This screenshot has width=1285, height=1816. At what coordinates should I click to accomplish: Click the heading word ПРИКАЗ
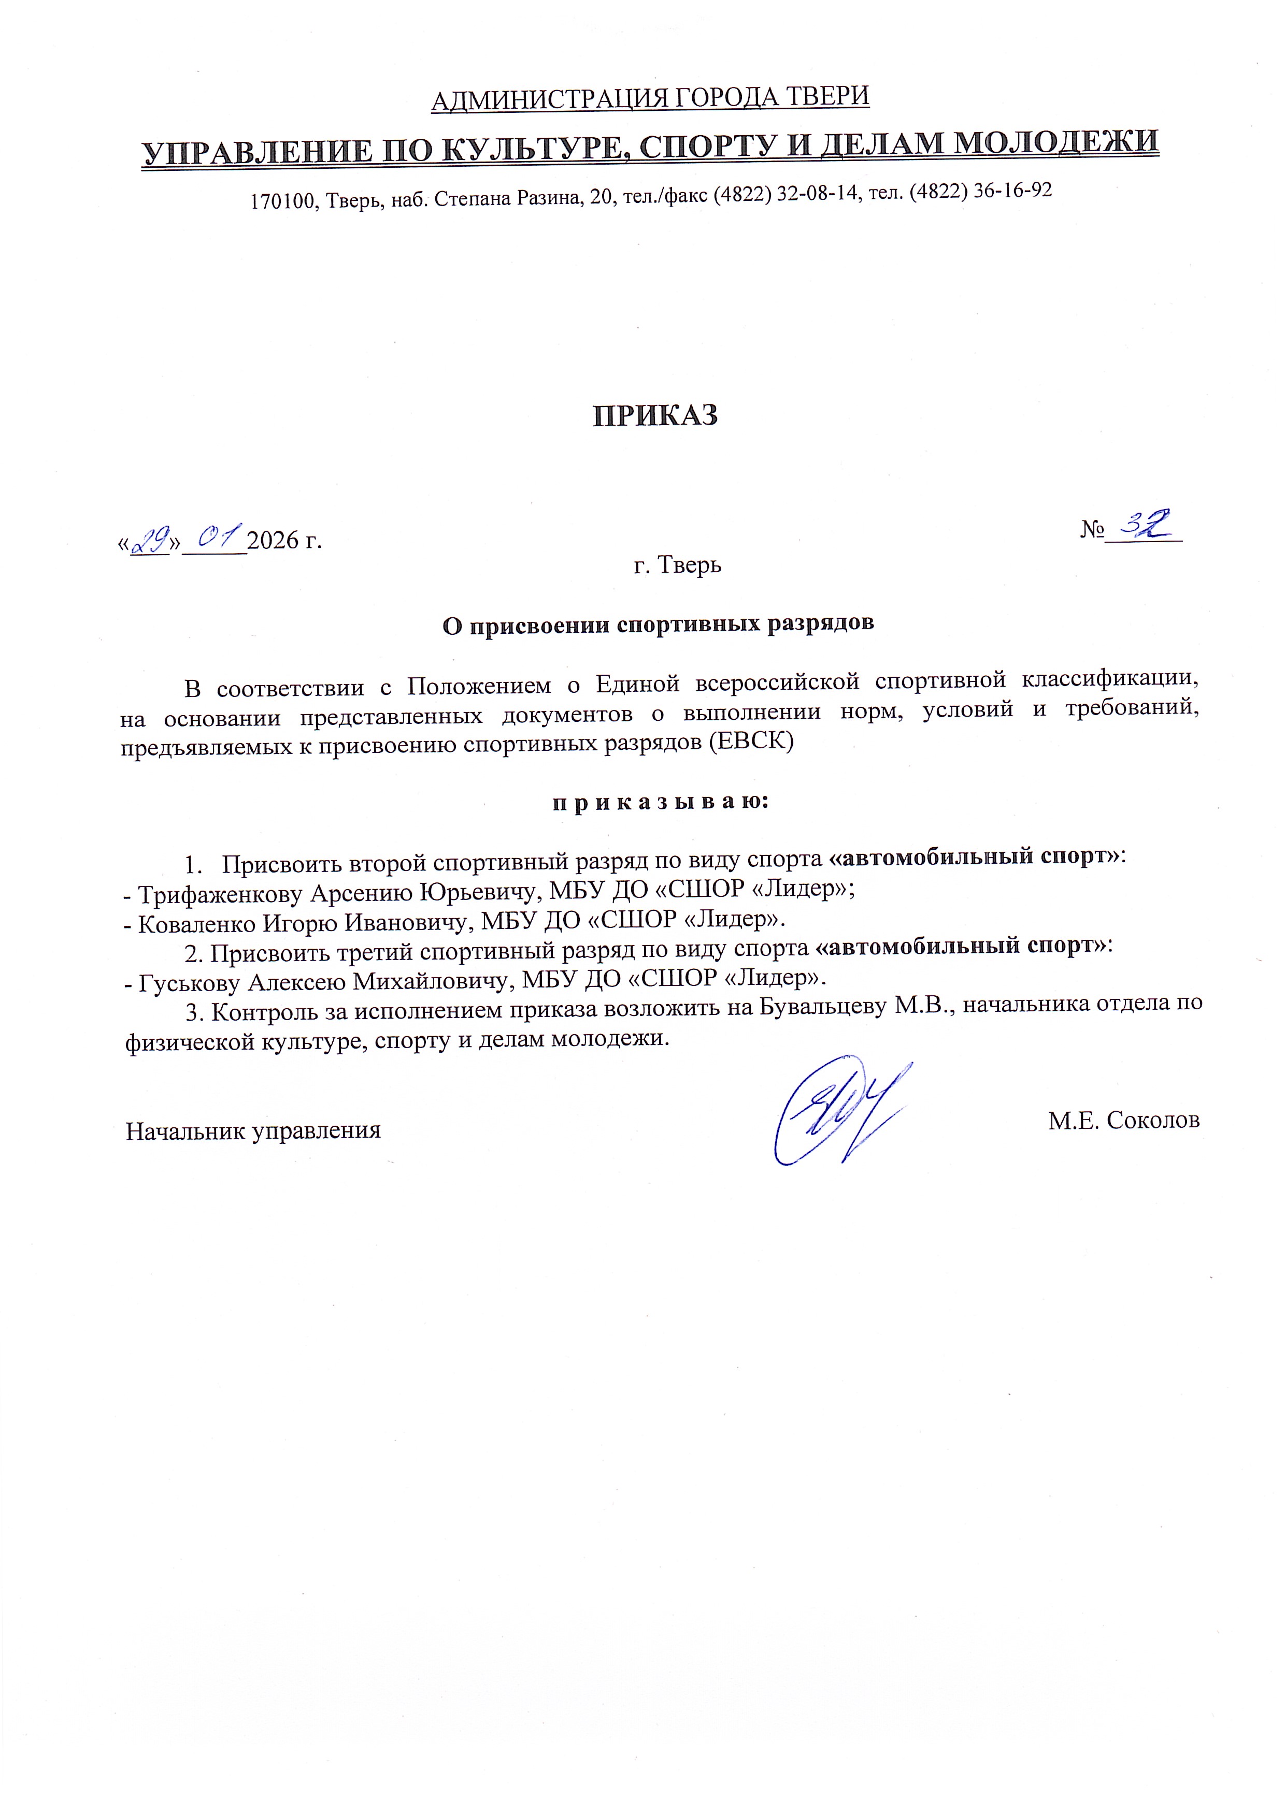[655, 416]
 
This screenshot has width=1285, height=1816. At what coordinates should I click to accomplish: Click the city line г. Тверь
[677, 565]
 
